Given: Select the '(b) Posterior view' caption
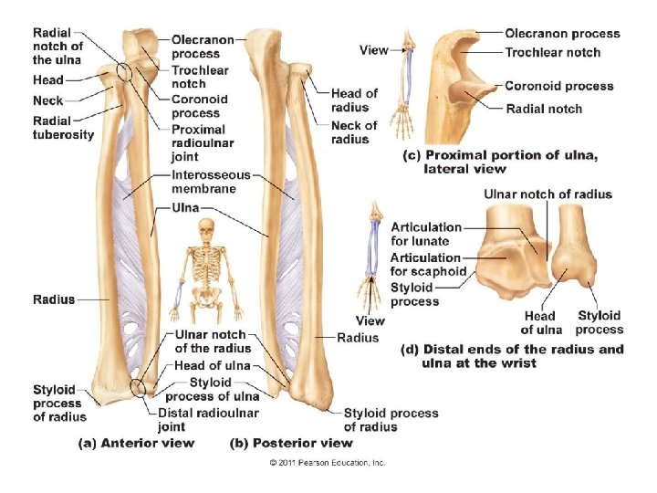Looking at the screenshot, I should pos(290,443).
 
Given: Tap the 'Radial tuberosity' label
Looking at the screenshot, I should pos(63,128).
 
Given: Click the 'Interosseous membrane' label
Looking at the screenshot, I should pos(203,181).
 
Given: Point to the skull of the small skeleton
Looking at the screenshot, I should pos(208,226).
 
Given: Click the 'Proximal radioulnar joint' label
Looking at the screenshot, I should pos(199,142).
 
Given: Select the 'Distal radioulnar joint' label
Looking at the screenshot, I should pos(207,419).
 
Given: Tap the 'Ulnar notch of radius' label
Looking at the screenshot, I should pos(547,194).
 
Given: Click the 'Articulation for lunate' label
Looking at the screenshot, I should pos(420,234).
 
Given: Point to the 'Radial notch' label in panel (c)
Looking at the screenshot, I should pos(544,109).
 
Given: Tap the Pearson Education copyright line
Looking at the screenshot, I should pos(328,463).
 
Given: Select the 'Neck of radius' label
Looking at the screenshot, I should pos(354,132).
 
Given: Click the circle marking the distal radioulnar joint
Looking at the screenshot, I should pos(137,387).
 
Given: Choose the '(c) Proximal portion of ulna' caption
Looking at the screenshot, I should pos(500,162).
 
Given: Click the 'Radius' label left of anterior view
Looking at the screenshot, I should pos(54,299).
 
